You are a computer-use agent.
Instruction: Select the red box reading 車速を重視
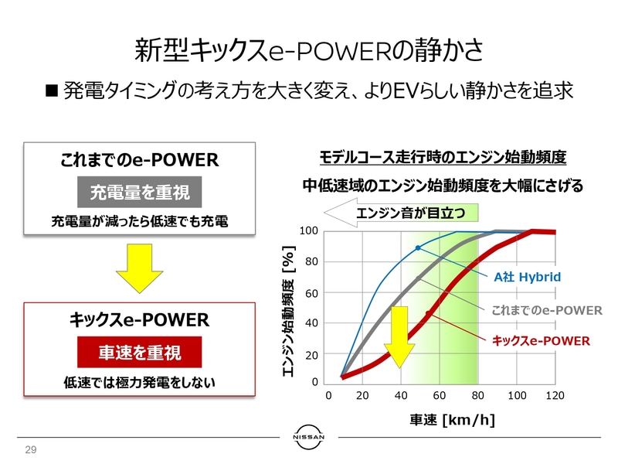[140, 352]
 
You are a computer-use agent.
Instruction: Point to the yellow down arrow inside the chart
[400, 336]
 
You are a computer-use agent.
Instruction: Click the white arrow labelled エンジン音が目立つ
[405, 213]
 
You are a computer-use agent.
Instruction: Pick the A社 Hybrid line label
[527, 276]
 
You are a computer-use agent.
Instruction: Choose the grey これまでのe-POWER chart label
[546, 309]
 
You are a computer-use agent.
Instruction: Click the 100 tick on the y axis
[309, 230]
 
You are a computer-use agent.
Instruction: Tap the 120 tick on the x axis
[555, 396]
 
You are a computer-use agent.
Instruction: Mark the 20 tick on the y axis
[311, 356]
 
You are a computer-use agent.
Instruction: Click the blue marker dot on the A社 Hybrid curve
[418, 247]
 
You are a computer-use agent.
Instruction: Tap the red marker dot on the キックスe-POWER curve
[429, 313]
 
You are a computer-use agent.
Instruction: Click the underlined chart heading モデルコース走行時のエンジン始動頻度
[443, 158]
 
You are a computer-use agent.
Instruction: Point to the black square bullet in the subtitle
[52, 91]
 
